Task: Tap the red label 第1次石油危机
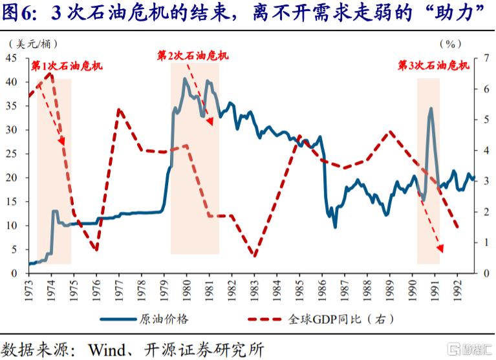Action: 67,65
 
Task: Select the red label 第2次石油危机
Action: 193,56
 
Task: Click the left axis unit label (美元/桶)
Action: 34,44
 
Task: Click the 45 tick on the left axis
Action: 12,58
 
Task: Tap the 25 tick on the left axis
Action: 12,154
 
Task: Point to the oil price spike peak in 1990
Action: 431,109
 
